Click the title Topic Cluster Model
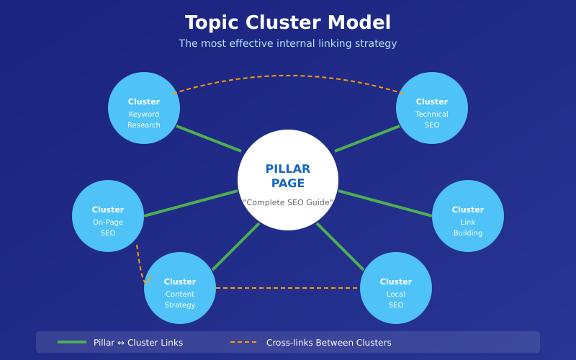[288, 23]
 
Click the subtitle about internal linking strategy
[288, 44]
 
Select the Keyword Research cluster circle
[144, 108]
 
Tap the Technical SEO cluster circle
[432, 108]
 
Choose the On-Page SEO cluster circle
[108, 216]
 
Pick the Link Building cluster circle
[468, 216]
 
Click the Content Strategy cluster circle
[180, 288]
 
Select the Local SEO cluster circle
[396, 288]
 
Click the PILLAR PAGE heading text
[288, 176]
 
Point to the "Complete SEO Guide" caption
[288, 203]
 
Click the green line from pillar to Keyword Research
[209, 139]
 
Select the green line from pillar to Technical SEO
[367, 139]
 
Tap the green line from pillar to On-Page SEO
[191, 203]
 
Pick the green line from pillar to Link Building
[385, 203]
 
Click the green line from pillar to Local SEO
[341, 247]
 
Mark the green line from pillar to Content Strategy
[235, 247]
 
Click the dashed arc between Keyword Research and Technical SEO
[288, 76]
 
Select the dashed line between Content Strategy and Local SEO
[288, 288]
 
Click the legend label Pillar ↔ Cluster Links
[138, 343]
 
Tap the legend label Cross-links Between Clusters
[329, 343]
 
